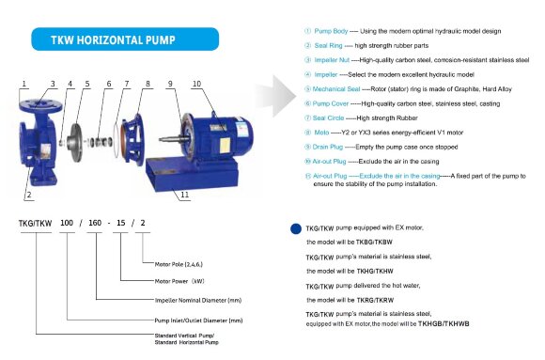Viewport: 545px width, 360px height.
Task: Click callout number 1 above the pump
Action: point(21,84)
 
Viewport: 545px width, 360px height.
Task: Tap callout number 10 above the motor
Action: point(196,84)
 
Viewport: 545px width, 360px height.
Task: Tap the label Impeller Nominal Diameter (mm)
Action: point(192,300)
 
